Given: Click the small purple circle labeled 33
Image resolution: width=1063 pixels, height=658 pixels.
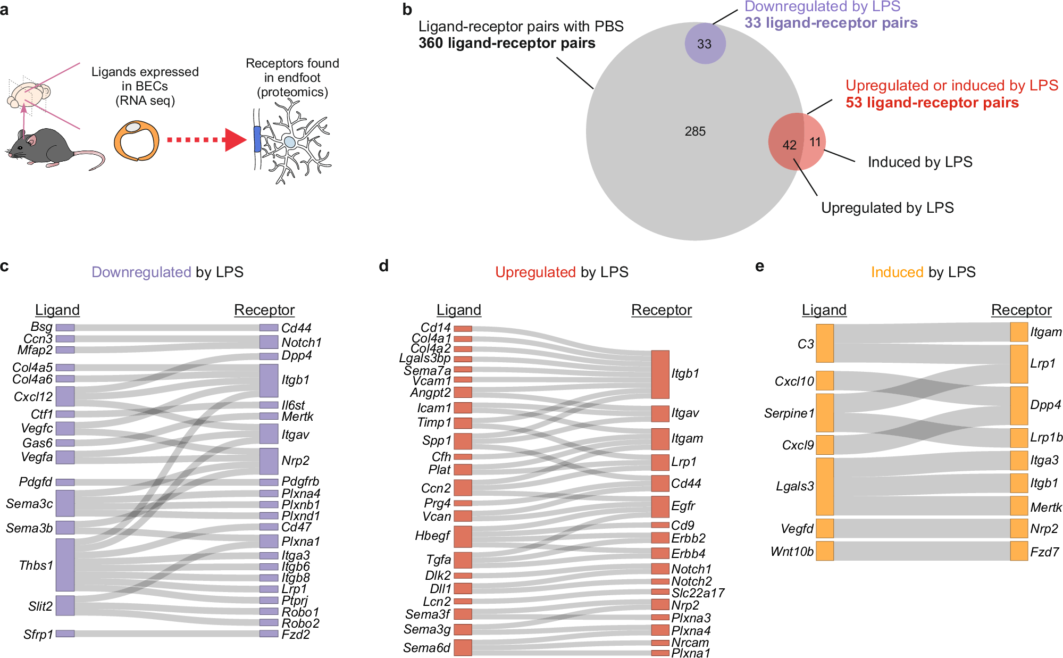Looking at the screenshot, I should coord(705,44).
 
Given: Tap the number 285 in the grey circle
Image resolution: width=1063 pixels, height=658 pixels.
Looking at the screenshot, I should coord(695,131).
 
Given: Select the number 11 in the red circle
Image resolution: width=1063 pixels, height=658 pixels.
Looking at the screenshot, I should coord(815,142).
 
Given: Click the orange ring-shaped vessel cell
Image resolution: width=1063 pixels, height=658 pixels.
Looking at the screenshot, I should coord(137,141).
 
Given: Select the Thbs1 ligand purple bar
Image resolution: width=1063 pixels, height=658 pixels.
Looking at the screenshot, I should coord(65,564).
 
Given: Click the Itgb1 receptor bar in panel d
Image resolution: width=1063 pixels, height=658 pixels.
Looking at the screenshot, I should coord(660,374).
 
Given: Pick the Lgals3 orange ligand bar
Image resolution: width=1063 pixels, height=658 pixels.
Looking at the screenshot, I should coord(824,486).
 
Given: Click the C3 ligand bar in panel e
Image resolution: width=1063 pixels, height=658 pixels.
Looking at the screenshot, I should coord(824,344).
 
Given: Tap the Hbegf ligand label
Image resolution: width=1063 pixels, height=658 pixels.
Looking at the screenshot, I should coord(432,536).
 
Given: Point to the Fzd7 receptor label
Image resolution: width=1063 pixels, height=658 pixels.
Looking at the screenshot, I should coord(1044,552).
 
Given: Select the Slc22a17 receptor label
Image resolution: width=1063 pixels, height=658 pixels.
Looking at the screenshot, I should coord(698,593).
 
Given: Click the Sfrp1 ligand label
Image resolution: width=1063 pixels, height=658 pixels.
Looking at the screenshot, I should coord(38,635).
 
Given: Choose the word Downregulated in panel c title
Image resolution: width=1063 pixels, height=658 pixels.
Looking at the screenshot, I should coord(141,272).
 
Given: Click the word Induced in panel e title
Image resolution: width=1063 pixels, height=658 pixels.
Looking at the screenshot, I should coord(897,272).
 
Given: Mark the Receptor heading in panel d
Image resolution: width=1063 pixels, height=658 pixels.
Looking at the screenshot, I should coord(661,310).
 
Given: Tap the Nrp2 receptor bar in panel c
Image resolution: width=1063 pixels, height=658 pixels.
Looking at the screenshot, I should coord(269,461).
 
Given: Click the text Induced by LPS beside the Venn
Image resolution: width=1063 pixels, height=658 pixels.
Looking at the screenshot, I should coord(919,162).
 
